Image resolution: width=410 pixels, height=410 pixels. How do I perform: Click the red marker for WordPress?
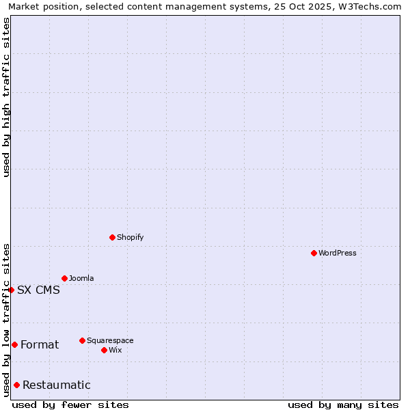(x=314, y=253)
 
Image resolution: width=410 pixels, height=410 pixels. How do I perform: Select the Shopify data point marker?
(x=112, y=237)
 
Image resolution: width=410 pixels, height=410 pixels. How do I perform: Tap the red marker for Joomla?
(x=64, y=278)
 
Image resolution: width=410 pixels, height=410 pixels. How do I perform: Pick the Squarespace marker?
(x=82, y=340)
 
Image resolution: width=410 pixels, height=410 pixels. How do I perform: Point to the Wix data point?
(x=104, y=350)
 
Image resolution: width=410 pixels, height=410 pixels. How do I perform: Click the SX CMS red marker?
(x=11, y=290)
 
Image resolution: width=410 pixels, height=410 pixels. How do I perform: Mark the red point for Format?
(x=14, y=344)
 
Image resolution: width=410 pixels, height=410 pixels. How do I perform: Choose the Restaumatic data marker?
(x=16, y=385)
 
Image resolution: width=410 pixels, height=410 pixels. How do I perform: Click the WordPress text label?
(x=338, y=253)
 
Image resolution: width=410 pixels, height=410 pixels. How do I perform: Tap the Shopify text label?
(x=130, y=237)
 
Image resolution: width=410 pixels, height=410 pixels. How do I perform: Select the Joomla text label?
(x=81, y=278)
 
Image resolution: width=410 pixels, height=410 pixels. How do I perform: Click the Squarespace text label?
(x=110, y=340)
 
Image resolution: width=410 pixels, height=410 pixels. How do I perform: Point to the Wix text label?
(x=115, y=350)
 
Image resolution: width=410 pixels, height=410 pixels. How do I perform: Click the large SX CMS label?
(x=38, y=290)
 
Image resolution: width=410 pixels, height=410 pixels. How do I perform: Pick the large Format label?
(x=40, y=344)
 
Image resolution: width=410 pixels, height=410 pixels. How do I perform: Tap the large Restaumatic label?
(x=56, y=385)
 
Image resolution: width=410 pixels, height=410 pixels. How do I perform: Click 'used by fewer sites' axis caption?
(x=70, y=405)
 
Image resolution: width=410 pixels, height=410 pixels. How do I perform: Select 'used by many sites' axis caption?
(x=343, y=405)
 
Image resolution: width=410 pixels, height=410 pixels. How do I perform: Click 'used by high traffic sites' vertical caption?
(x=6, y=97)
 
